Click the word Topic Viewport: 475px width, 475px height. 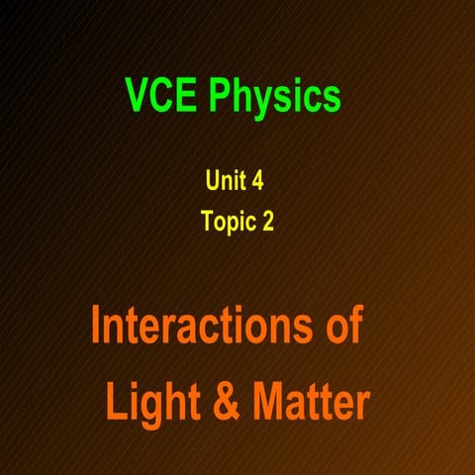[229, 223]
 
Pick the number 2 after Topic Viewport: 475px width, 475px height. [267, 222]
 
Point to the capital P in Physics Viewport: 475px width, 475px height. [218, 96]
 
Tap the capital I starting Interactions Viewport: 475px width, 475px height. [96, 327]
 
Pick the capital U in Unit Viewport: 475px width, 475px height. [212, 180]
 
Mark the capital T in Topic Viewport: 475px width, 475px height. [207, 222]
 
